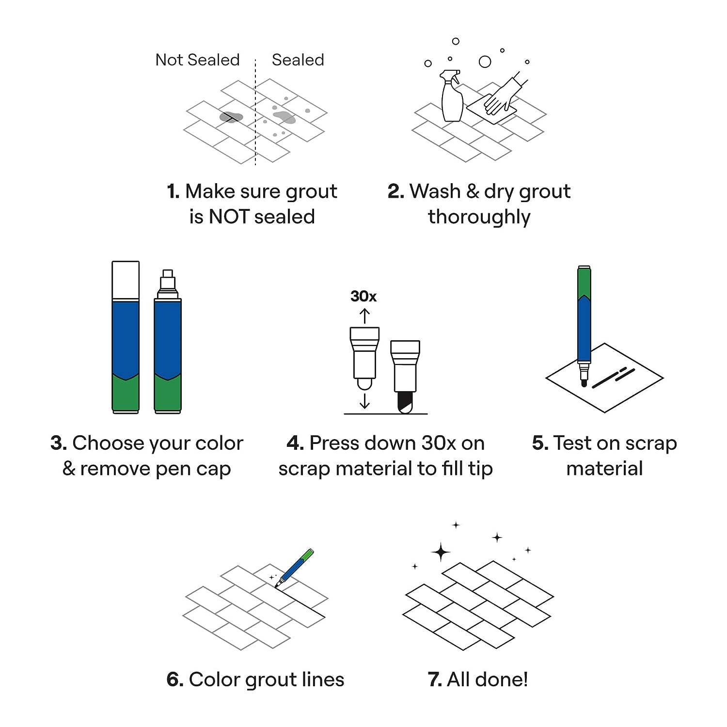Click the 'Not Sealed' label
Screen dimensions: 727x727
[197, 60]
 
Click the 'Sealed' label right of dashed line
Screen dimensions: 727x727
[298, 60]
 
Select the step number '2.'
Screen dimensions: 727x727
[395, 191]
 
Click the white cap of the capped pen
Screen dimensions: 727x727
[126, 280]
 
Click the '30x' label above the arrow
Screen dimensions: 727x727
[363, 296]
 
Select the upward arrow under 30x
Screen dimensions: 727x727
[364, 316]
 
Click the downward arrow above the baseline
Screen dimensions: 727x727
[364, 400]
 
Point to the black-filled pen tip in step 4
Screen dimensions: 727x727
[405, 402]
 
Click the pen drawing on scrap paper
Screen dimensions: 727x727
[584, 325]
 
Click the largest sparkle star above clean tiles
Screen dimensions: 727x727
[441, 553]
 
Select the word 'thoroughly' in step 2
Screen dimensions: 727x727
[479, 217]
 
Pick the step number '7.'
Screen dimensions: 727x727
[435, 680]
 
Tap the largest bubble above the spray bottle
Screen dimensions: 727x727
[485, 62]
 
